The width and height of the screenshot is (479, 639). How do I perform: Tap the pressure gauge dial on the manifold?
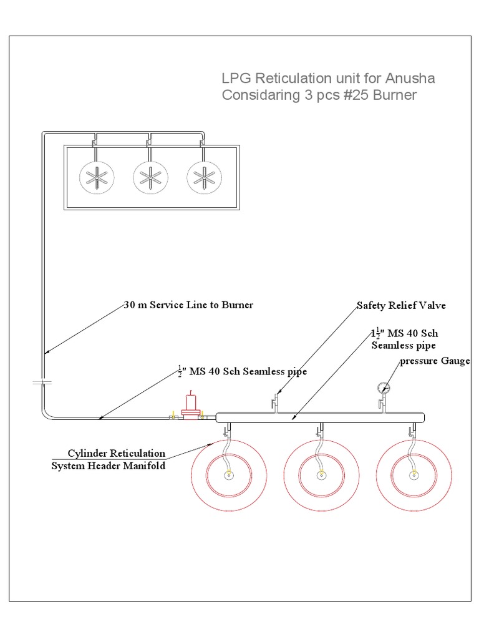384,388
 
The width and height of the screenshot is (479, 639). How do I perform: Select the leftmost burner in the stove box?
97,178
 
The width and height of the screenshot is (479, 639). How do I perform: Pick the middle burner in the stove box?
150,178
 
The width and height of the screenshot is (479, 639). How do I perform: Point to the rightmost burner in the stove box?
204,178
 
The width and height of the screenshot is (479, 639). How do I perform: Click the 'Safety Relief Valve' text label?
401,306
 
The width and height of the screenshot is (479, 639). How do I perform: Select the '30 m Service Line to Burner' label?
188,305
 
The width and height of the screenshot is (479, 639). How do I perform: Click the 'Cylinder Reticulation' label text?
117,454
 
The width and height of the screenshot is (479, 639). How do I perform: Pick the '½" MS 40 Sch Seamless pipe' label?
243,371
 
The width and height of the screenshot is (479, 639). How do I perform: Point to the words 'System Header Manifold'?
109,466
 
